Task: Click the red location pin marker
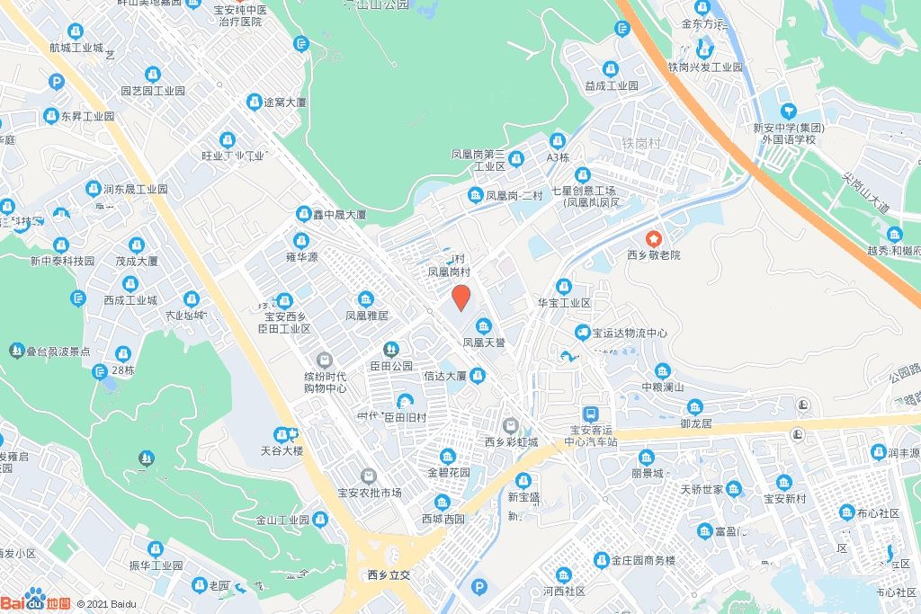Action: coord(460,297)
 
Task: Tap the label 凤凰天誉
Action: coord(484,343)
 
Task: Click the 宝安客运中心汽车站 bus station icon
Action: coord(590,414)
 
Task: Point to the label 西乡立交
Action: coord(389,574)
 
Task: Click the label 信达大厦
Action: coord(445,376)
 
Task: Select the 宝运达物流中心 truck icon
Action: coord(582,334)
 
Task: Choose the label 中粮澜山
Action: coord(663,387)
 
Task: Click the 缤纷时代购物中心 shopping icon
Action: coord(325,360)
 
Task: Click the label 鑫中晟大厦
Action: coord(337,215)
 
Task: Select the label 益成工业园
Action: coord(611,86)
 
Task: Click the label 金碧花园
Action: coord(448,472)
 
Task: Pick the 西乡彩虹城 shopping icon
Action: coord(511,424)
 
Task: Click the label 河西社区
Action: coord(564,592)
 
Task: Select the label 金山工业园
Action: coord(282,520)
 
